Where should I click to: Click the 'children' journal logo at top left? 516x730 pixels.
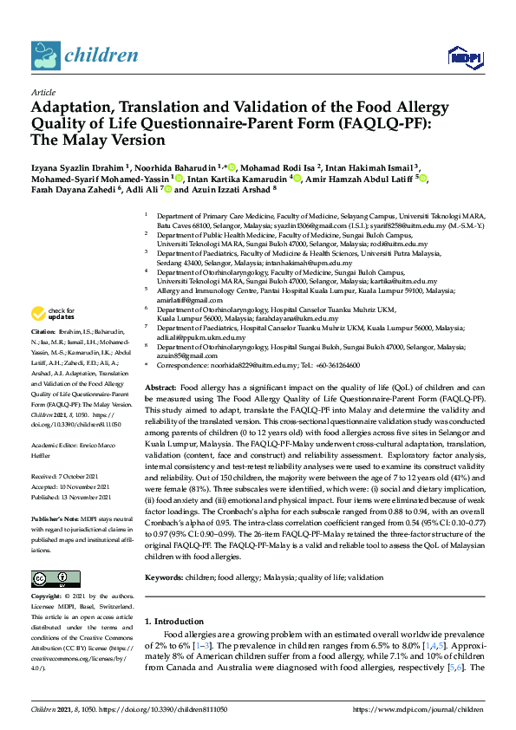click(84, 56)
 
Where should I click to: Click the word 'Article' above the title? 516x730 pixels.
click(42, 92)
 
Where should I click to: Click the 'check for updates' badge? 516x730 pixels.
click(52, 314)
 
